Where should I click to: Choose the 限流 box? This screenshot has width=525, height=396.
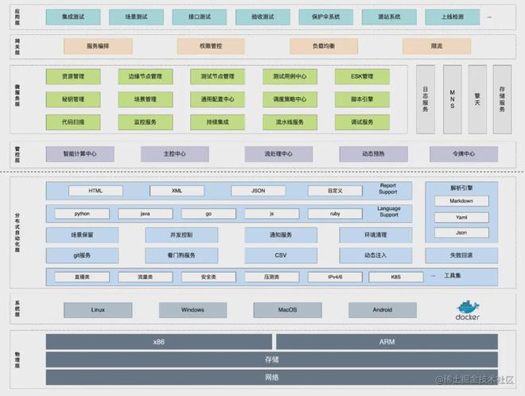pos(437,46)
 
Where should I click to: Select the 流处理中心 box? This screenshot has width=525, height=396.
pos(278,153)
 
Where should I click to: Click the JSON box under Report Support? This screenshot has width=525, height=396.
pos(258,191)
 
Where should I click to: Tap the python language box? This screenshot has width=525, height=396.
pos(82,214)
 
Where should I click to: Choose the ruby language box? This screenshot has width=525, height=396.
pos(335,214)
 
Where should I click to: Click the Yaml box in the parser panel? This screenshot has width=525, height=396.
pos(461,217)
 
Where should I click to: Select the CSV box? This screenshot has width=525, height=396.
pos(281,255)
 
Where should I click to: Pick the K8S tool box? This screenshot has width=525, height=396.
pos(396,277)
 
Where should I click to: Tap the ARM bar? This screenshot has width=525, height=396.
pos(387,341)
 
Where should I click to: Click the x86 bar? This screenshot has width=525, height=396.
pos(159,341)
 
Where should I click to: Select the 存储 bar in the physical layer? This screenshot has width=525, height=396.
pos(271,359)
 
